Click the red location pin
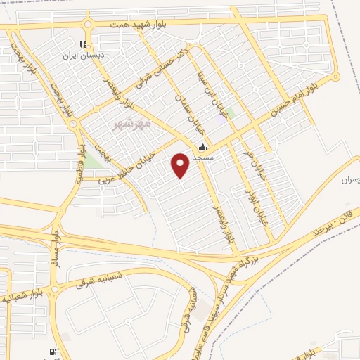tap(181, 165)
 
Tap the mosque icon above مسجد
tap(203, 148)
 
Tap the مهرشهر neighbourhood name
tap(132, 124)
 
